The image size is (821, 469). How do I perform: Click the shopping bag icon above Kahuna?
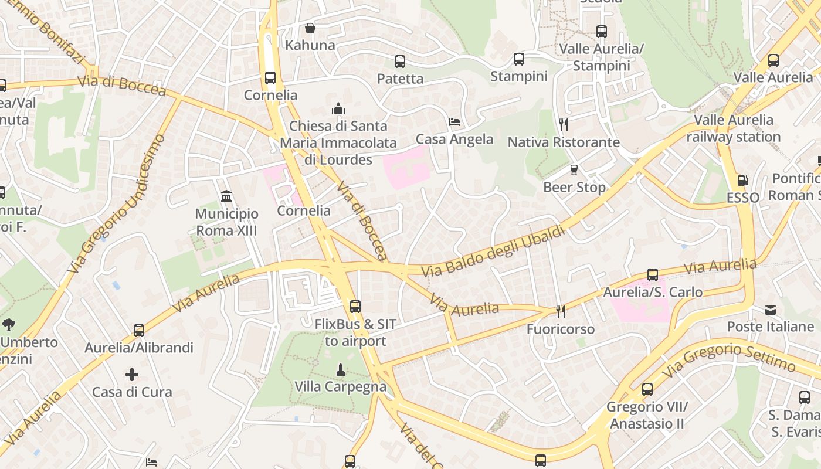click(x=310, y=28)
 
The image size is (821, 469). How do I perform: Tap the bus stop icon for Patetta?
click(x=400, y=61)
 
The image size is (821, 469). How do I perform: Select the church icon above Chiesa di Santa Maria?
click(x=338, y=108)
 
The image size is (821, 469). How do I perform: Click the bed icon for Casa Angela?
click(x=454, y=122)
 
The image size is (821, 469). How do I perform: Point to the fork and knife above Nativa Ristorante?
click(x=564, y=124)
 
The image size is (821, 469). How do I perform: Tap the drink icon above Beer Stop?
click(x=574, y=170)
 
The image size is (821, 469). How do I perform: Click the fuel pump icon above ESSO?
click(x=742, y=181)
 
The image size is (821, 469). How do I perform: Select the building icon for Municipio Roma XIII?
click(x=226, y=196)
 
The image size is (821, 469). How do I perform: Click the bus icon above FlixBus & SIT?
click(x=355, y=306)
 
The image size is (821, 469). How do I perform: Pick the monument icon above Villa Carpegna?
click(x=340, y=369)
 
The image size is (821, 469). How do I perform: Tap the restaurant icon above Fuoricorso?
click(x=561, y=311)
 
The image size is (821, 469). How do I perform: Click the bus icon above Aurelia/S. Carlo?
click(x=653, y=274)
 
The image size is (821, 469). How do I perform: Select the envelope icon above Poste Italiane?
click(x=771, y=310)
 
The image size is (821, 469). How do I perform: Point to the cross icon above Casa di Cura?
click(x=132, y=374)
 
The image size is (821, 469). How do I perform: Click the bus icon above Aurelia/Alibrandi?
click(x=139, y=330)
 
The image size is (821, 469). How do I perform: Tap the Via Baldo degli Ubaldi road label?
click(x=494, y=250)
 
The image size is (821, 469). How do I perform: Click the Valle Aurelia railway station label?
click(x=734, y=128)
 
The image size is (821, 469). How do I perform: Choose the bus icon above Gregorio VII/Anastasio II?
click(x=647, y=389)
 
